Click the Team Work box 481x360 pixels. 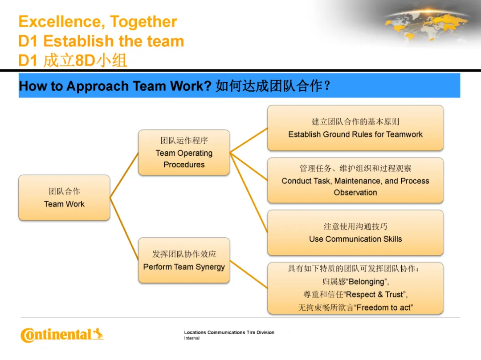(64, 198)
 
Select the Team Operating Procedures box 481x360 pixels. (184, 153)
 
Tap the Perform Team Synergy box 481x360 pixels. (184, 260)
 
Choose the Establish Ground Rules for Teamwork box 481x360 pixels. (355, 128)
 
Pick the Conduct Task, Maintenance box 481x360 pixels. (355, 180)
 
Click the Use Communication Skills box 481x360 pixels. (355, 233)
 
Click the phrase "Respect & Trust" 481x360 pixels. (376, 295)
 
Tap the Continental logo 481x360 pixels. (61, 335)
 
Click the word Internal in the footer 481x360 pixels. (192, 338)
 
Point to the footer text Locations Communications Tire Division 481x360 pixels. (229, 332)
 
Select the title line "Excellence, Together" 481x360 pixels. (98, 21)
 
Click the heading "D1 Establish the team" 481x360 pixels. (101, 41)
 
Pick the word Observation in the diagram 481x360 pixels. (355, 193)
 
